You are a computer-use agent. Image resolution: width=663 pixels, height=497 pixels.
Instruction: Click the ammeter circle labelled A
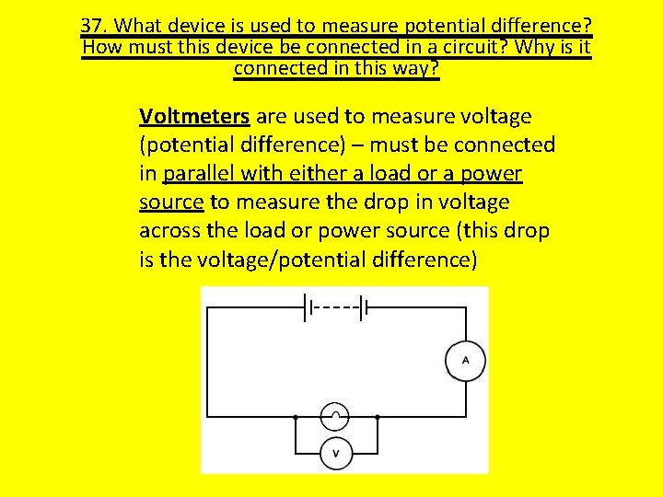point(465,360)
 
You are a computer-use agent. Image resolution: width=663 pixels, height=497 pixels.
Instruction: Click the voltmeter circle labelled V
point(335,453)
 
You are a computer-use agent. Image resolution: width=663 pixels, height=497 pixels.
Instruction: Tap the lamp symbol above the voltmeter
point(335,418)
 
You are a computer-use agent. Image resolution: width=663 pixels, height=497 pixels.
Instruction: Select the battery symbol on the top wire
point(335,307)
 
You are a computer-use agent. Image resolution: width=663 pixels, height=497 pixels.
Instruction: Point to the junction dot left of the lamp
point(295,418)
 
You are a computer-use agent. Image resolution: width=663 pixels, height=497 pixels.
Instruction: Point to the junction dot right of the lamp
point(378,418)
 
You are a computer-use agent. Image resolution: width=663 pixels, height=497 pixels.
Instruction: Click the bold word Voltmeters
point(194,117)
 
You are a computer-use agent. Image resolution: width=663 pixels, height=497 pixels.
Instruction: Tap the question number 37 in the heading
point(92,25)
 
